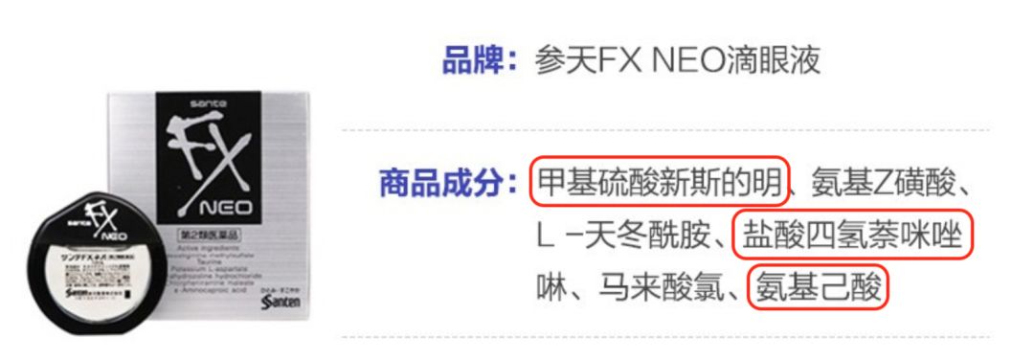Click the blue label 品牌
click(x=473, y=61)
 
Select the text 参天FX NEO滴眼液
click(x=681, y=61)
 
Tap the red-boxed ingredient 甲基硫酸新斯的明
click(x=660, y=182)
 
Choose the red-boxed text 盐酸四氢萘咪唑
click(x=853, y=235)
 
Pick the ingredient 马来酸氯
click(x=670, y=286)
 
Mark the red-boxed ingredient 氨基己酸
click(x=820, y=286)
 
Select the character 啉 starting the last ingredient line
click(x=552, y=286)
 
